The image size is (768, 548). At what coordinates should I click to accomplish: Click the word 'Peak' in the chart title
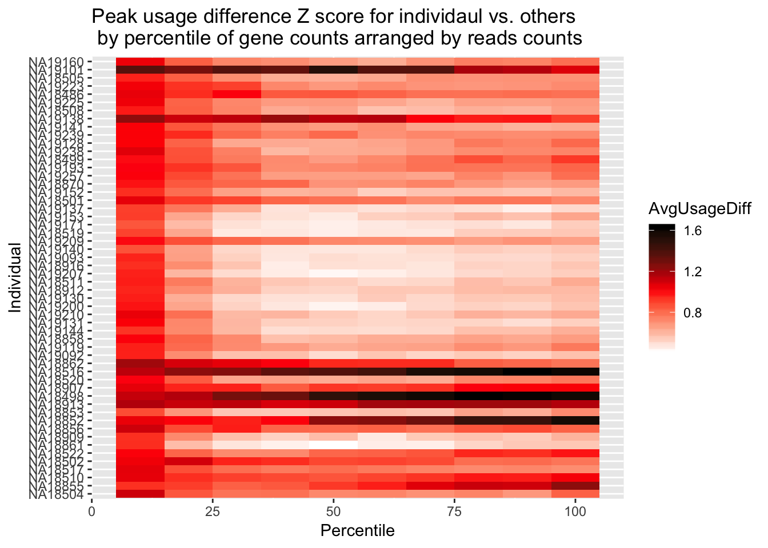click(x=112, y=17)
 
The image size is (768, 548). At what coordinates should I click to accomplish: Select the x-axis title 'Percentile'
click(x=357, y=531)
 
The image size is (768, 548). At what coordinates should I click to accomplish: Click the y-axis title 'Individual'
click(x=15, y=278)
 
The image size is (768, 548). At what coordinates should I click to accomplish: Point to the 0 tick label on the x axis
click(x=91, y=511)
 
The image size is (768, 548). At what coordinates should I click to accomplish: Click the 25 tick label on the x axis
click(x=213, y=511)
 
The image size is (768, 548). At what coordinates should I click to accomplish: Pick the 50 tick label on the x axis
click(x=333, y=511)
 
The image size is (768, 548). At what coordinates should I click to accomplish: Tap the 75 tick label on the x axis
click(x=454, y=511)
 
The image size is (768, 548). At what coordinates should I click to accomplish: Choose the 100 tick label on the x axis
click(x=575, y=511)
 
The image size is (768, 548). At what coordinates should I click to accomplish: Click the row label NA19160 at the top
click(x=57, y=62)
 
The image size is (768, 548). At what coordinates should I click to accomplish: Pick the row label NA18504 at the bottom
click(x=57, y=494)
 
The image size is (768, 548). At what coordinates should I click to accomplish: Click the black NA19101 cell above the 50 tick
click(x=333, y=70)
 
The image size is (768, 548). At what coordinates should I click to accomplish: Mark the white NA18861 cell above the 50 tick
click(x=333, y=444)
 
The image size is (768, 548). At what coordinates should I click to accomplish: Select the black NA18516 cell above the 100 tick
click(x=575, y=372)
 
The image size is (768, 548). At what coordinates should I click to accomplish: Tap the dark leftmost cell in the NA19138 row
click(x=140, y=119)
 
